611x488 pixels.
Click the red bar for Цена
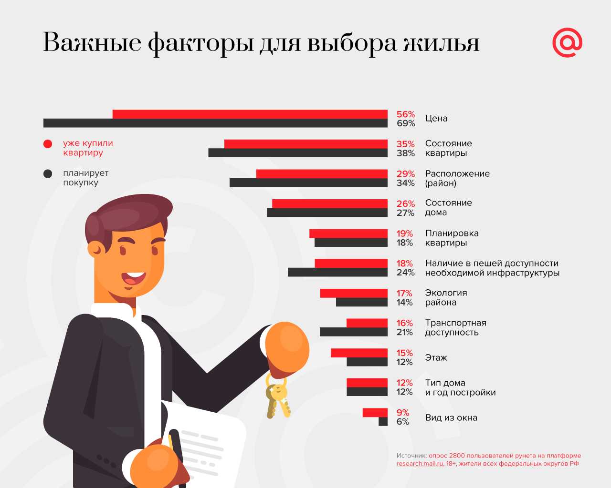pos(250,114)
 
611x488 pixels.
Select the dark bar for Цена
pos(215,123)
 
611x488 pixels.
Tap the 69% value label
pos(405,123)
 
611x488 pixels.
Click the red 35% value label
pos(405,144)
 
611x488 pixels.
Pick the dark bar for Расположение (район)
pos(308,183)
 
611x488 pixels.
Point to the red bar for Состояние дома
pos(329,203)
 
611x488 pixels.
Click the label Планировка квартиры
pos(452,238)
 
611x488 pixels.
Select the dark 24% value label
pos(405,273)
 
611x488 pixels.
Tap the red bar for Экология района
pos(354,293)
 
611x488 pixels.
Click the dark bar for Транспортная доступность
pos(353,332)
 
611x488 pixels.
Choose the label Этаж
pos(436,357)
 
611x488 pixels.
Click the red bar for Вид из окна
pos(375,413)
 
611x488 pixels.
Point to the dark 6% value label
pos(403,422)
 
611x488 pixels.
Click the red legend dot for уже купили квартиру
pos(48,144)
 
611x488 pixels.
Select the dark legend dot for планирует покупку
pos(48,173)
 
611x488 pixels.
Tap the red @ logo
pos(567,43)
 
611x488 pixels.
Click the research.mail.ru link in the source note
pos(420,464)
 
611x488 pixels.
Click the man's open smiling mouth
pos(134,278)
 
